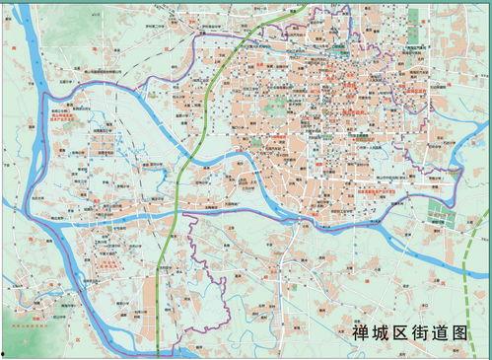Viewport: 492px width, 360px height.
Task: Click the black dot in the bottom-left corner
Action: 4,353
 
